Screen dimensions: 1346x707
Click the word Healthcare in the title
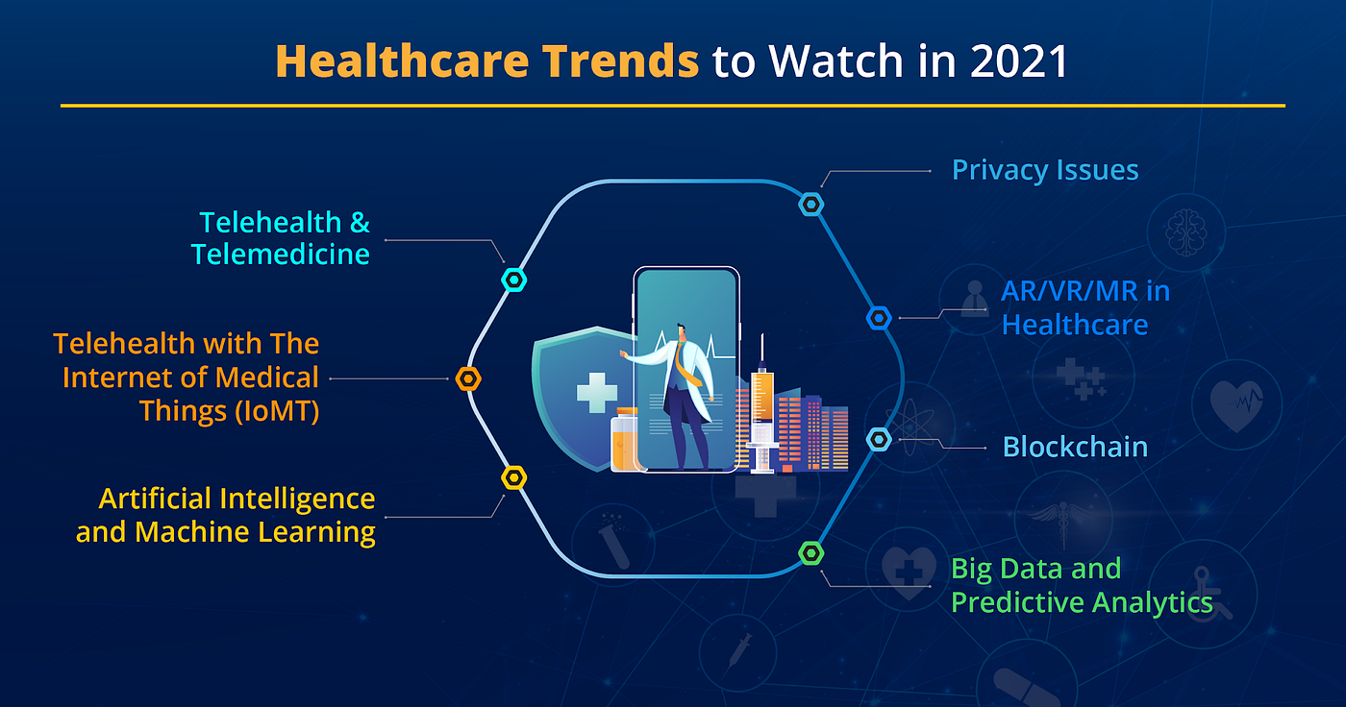tap(402, 61)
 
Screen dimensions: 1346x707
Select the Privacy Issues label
tap(1045, 170)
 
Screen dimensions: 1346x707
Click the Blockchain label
tap(1075, 447)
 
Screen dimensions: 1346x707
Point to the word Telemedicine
tap(280, 254)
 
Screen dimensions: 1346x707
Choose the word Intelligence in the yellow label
tap(297, 500)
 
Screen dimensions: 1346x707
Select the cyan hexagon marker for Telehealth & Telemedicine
tap(514, 280)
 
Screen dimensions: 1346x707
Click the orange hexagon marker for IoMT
tap(468, 379)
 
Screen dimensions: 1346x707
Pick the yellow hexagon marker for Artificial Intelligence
tap(514, 477)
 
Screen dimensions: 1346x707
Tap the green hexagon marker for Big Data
tap(811, 552)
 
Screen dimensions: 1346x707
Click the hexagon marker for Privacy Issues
tap(811, 205)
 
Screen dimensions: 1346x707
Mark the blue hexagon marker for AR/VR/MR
tap(879, 318)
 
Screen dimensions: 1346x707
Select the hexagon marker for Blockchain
tap(879, 440)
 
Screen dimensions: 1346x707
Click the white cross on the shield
tap(597, 393)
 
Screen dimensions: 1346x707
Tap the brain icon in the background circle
tap(1185, 232)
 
